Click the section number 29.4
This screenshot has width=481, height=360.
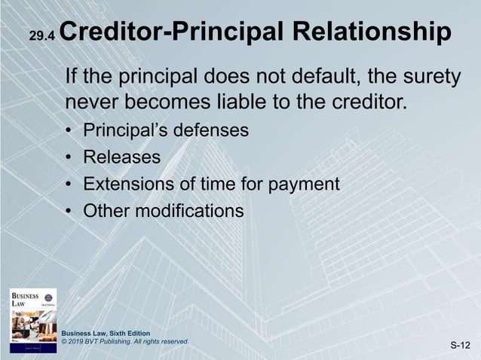[41, 35]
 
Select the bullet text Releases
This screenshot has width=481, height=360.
[121, 157]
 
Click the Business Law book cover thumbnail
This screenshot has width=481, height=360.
[32, 320]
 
